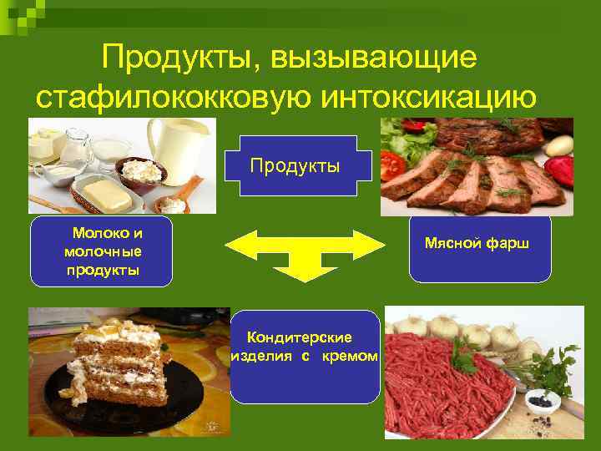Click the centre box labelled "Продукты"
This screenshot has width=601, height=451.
(295, 165)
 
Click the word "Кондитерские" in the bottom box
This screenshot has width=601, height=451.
(300, 337)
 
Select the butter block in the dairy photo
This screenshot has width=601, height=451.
(104, 194)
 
